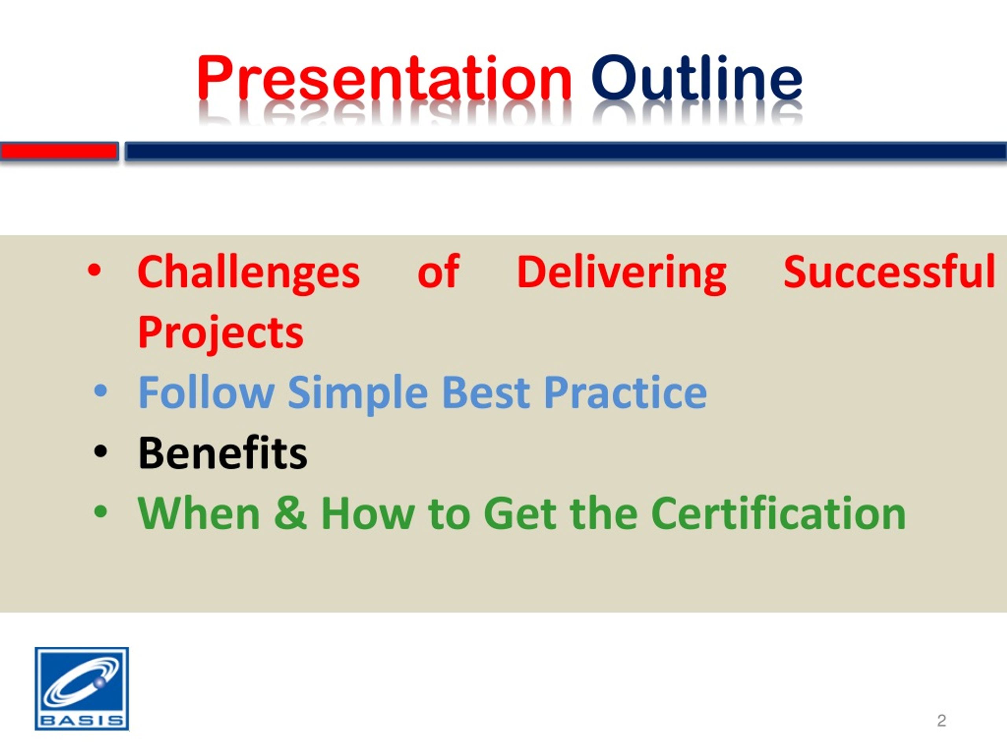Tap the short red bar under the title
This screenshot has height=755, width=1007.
click(59, 151)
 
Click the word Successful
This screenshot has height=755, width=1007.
click(889, 272)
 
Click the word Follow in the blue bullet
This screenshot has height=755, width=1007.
click(206, 392)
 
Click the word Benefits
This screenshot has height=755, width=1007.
click(223, 453)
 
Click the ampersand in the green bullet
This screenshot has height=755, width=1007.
click(290, 513)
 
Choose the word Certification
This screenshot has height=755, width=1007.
click(778, 513)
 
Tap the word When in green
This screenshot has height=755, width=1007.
click(199, 513)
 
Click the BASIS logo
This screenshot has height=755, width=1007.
click(82, 689)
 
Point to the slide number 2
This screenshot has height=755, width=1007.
click(941, 720)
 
